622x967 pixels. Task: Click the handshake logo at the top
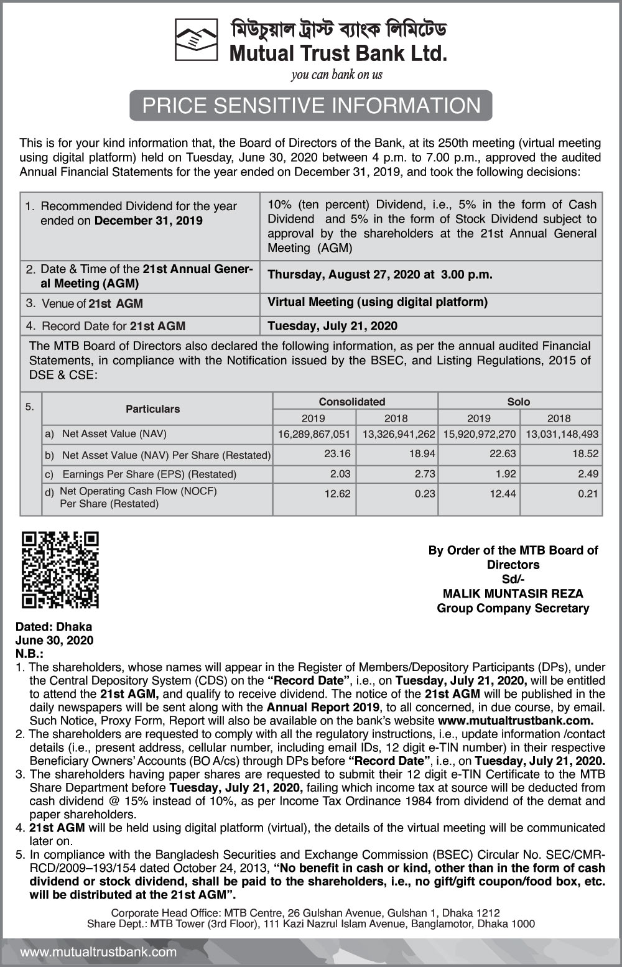(196, 40)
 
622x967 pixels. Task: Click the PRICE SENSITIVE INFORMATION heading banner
(311, 106)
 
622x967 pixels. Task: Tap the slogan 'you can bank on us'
(337, 75)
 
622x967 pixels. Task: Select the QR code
(60, 570)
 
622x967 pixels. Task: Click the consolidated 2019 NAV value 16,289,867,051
(314, 434)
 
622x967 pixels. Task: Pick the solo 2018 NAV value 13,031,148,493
(562, 434)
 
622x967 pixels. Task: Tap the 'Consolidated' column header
(352, 402)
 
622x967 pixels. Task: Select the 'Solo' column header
(519, 402)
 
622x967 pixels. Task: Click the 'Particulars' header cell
(152, 409)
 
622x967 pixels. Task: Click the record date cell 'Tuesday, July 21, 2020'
(332, 326)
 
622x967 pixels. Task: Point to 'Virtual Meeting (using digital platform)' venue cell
(378, 302)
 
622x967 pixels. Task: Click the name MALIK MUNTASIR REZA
(513, 594)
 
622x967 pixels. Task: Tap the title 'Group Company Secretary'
(513, 608)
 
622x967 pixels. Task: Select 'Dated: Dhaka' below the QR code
(53, 627)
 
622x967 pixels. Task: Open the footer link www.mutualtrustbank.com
(98, 952)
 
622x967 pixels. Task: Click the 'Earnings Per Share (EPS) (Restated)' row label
(149, 474)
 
